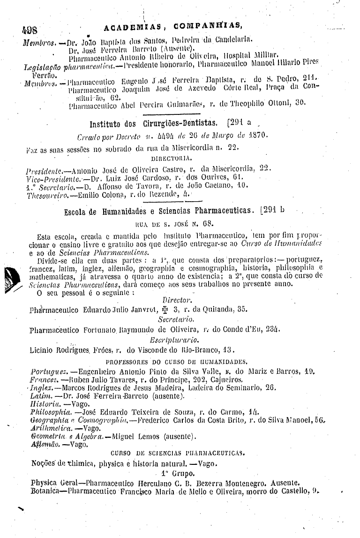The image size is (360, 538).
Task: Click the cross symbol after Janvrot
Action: pos(164,309)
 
